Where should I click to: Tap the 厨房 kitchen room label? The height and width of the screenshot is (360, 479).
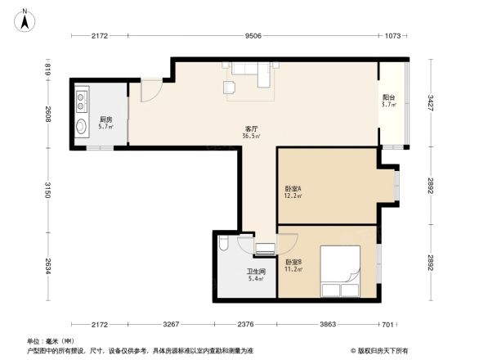[105, 119]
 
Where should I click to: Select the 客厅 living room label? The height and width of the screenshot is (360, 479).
[252, 128]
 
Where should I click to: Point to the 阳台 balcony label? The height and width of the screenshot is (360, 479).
[389, 97]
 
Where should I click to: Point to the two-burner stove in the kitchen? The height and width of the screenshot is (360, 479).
[83, 101]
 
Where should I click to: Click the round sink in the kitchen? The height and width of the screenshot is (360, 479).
[83, 127]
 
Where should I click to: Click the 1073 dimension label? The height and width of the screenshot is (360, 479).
[393, 36]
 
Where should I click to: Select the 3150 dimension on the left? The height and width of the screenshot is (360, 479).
[48, 190]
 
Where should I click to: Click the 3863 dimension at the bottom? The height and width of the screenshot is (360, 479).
[327, 323]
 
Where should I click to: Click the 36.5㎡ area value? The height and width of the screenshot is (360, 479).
[253, 137]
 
